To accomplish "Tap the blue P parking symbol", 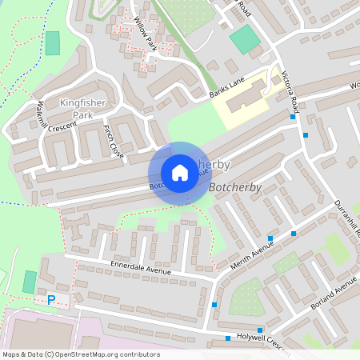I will tap(51, 300).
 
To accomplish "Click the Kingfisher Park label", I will tap(77, 109).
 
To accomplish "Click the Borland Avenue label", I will tap(335, 293).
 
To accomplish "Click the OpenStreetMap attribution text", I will tap(81, 354).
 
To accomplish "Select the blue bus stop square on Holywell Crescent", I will tap(229, 338).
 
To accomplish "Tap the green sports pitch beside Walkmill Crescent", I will tap(53, 42).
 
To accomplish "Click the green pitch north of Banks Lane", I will tap(245, 40).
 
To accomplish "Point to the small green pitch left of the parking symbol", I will tap(30, 282).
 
